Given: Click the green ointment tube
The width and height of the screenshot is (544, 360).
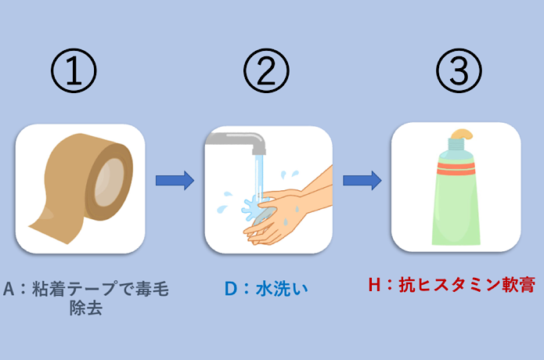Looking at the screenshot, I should click(456, 200).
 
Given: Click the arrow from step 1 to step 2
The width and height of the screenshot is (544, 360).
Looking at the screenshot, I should click(174, 181).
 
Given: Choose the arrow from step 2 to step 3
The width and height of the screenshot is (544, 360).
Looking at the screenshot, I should click(362, 181).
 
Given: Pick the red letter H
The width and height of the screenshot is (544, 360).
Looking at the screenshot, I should click(373, 285).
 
